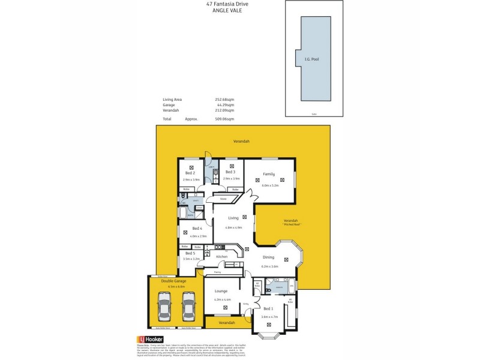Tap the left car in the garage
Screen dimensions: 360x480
(x=163, y=307)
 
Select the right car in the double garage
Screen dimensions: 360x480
(x=189, y=307)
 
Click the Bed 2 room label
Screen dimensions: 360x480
(x=190, y=173)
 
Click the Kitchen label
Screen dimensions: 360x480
(x=222, y=257)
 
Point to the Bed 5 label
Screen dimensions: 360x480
(x=190, y=253)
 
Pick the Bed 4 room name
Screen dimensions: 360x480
(x=197, y=229)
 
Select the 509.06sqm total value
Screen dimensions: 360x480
(x=224, y=119)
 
